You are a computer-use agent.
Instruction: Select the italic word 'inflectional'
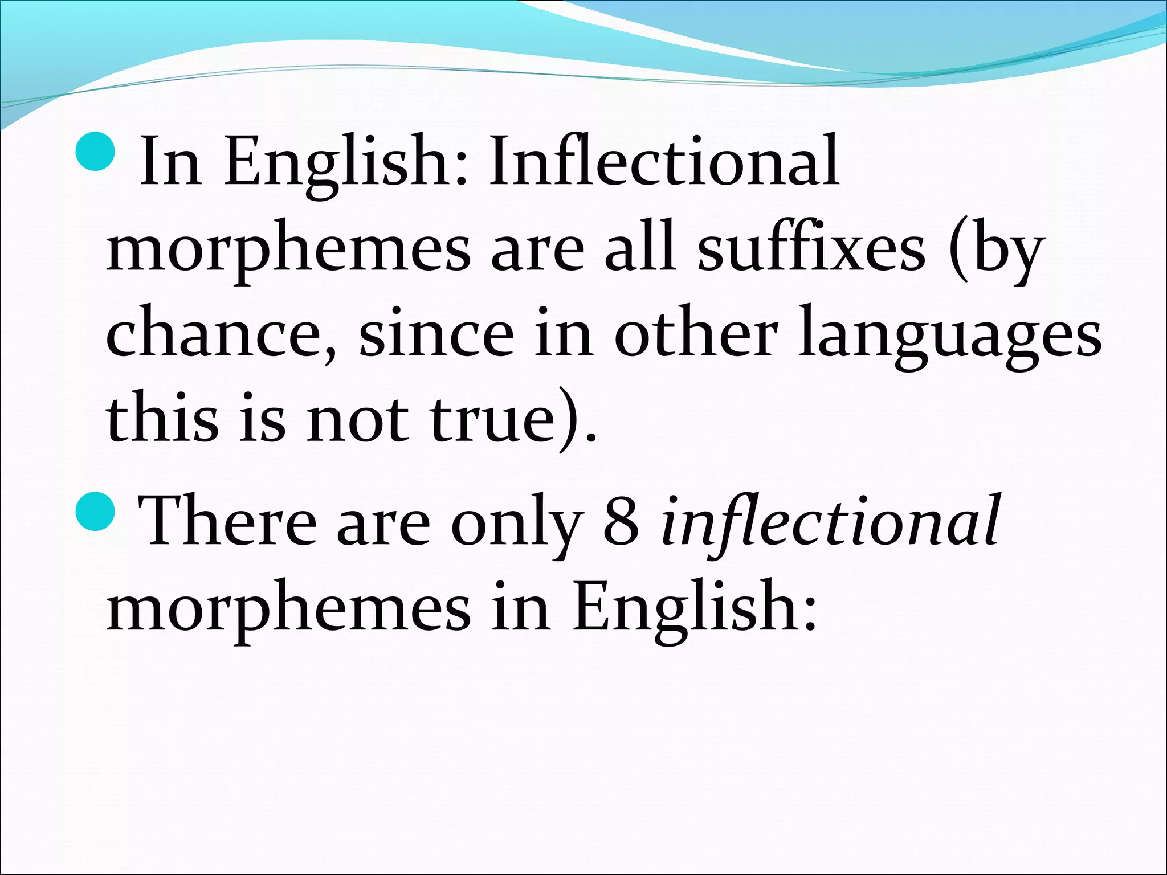(x=829, y=521)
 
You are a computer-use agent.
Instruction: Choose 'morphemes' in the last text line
(x=288, y=610)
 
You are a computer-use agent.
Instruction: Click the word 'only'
(x=516, y=521)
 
